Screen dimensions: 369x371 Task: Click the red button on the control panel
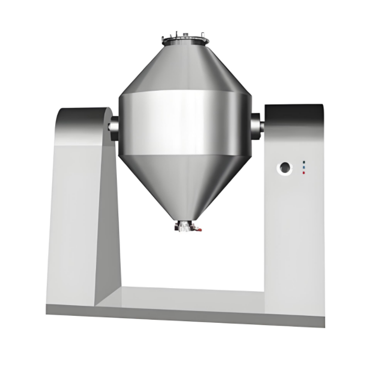click(304, 173)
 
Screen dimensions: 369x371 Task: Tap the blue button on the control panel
click(304, 162)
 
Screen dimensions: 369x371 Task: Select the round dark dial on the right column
click(285, 168)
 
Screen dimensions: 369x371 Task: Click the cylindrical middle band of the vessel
click(185, 123)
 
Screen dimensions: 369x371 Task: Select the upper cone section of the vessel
click(185, 69)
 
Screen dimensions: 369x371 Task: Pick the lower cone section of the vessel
click(185, 182)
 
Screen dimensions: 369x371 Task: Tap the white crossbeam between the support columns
click(192, 296)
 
